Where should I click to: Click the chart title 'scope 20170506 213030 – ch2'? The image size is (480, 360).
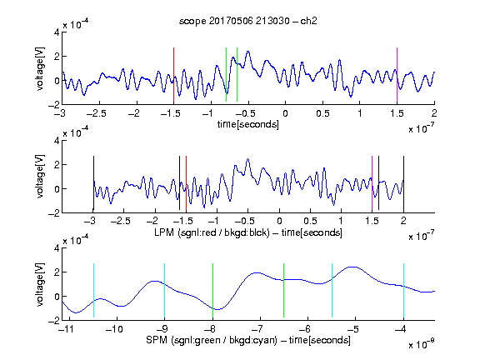point(248,21)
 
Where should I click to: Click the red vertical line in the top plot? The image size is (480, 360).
point(173,75)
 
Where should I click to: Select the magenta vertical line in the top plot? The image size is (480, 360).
point(397,75)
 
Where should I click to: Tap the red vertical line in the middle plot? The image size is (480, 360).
point(186,183)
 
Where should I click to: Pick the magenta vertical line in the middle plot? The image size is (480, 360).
point(372,183)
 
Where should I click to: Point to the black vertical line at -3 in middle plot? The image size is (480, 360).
point(93,183)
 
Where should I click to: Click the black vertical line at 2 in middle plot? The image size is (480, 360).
point(403,183)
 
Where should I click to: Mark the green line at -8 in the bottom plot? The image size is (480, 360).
point(212,290)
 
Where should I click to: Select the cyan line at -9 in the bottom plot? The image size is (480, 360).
point(165,290)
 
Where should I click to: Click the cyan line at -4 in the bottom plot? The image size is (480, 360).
point(403,290)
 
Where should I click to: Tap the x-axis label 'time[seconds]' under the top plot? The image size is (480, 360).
point(248,124)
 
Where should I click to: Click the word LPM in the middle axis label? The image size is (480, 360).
point(164,232)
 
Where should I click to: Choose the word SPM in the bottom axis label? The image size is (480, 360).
point(157,340)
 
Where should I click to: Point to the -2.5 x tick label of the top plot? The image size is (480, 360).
point(97,113)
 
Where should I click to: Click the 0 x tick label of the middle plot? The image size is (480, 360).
point(279,221)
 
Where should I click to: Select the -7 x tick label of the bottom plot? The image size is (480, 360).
point(260,329)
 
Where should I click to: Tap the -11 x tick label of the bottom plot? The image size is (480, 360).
point(67,329)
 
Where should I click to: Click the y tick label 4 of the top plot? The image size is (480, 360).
point(57,32)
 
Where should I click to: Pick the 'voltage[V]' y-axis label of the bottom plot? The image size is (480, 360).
point(40,284)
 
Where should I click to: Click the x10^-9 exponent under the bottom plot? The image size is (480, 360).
point(422,343)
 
